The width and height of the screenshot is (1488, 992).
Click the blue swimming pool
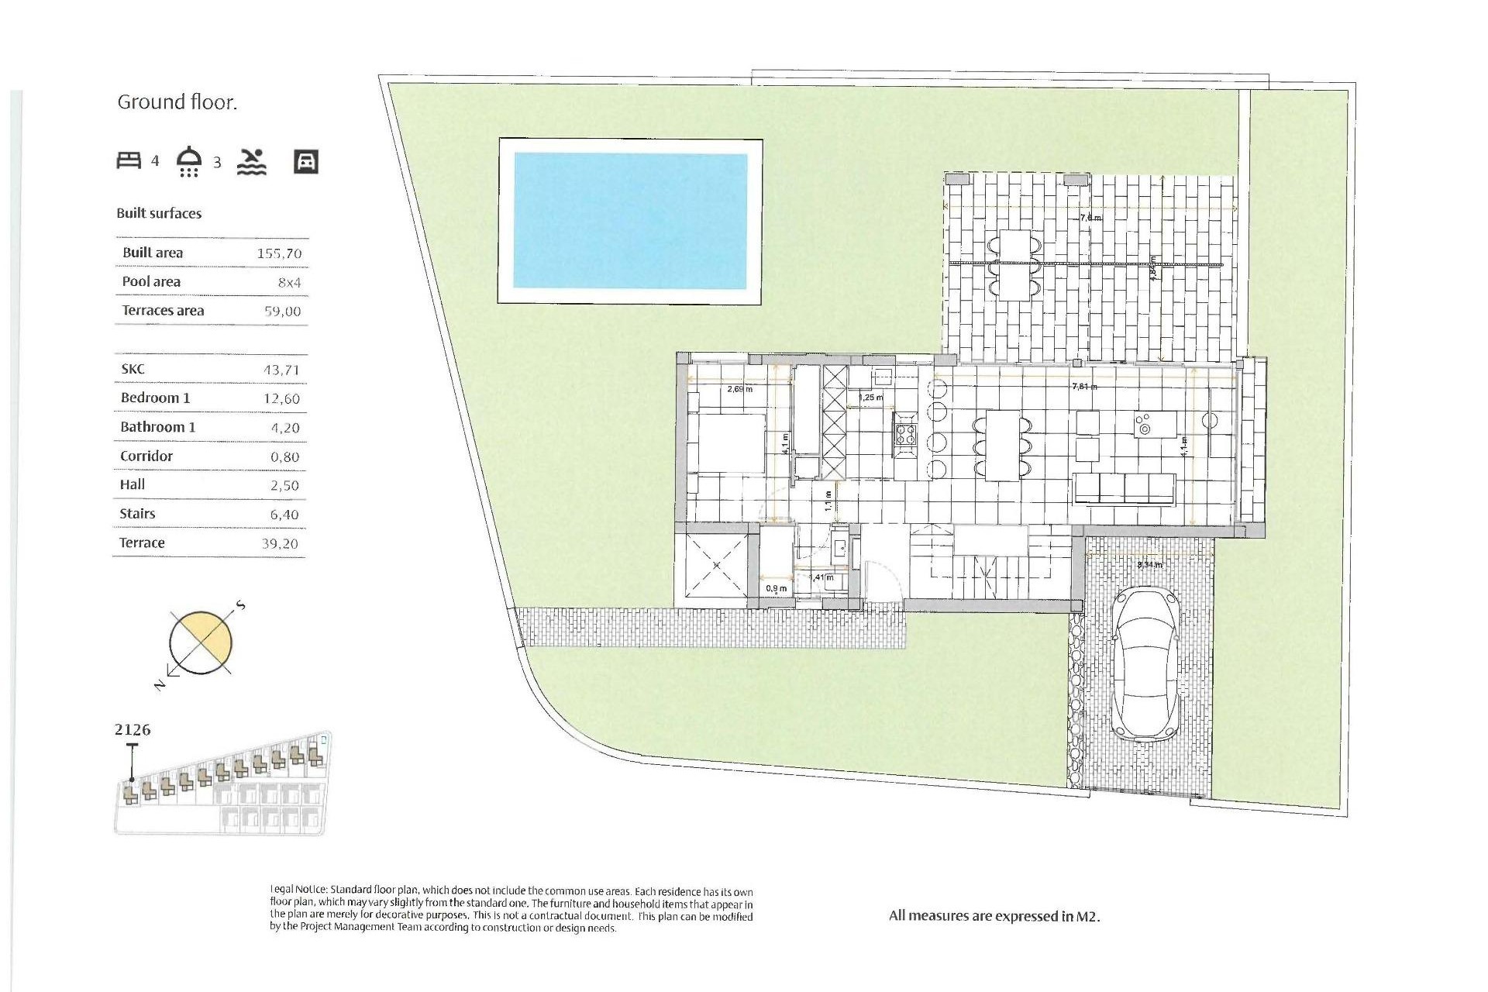[630, 221]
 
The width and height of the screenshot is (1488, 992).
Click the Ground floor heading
[177, 102]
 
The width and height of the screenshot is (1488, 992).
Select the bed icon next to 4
[129, 160]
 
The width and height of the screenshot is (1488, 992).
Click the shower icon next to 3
[189, 161]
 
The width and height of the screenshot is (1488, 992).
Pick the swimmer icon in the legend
[251, 161]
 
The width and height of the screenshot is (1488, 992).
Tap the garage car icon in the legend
[306, 161]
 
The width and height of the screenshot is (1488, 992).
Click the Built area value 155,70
[279, 253]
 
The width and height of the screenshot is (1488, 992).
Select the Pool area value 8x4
[289, 283]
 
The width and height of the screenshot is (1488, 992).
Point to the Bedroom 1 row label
[155, 398]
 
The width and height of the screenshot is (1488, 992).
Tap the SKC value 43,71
[281, 370]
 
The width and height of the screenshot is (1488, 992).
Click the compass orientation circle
[201, 643]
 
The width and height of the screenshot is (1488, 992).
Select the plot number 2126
[133, 729]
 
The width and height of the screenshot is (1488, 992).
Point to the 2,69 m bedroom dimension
[739, 389]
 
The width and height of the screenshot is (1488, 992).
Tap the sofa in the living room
[1124, 489]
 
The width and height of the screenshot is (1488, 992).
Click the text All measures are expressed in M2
[994, 916]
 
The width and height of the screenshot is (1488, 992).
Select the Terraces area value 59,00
[282, 312]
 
